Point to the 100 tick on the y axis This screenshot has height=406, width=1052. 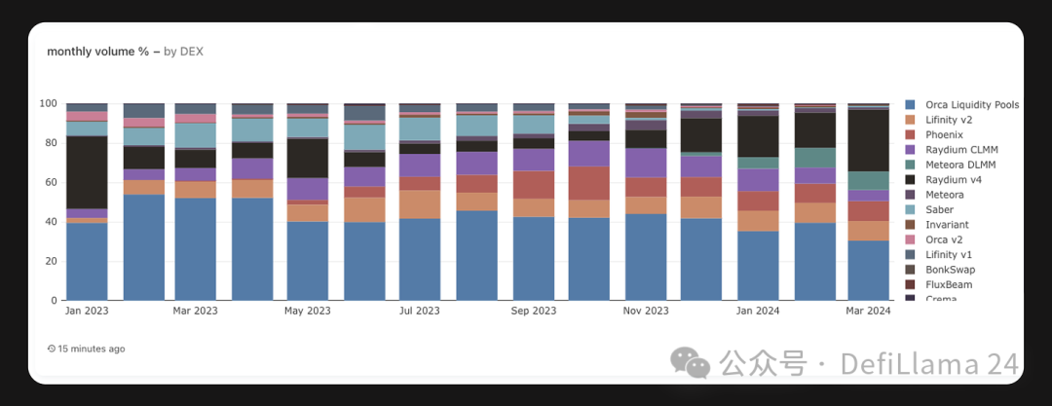pos(48,103)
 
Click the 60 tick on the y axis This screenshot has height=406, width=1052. pos(51,182)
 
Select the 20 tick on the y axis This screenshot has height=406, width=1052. pos(51,261)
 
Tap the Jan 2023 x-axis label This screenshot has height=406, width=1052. pos(87,312)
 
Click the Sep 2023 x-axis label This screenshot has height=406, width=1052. pos(534,312)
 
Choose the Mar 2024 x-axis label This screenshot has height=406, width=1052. pos(869,312)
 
